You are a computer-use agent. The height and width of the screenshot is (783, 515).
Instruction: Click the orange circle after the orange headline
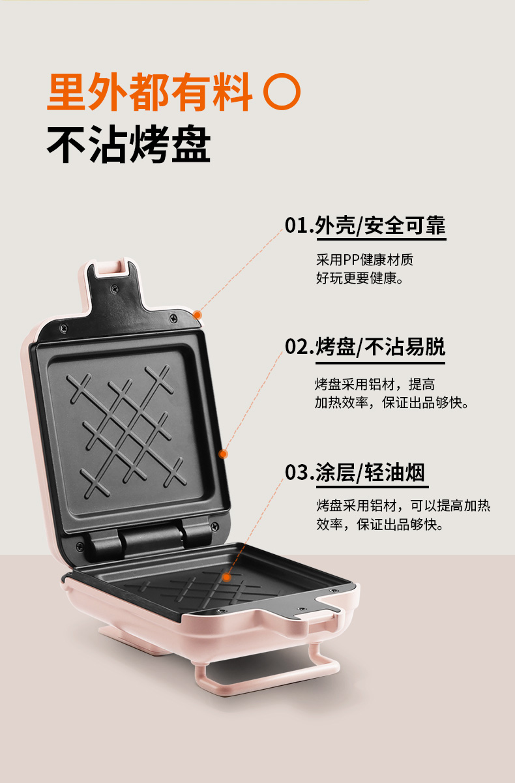pos(282,93)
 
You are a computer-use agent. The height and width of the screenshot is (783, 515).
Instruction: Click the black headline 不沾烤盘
pos(128,144)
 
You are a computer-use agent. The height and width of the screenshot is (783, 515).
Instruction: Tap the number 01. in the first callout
pos(299,226)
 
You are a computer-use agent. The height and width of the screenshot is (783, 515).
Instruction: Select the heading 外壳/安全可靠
pos(380,226)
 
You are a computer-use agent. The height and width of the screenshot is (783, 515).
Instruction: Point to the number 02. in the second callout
pos(299,346)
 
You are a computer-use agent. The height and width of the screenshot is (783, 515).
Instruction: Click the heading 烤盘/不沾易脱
pos(381,347)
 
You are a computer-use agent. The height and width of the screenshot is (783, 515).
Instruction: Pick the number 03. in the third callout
pos(299,472)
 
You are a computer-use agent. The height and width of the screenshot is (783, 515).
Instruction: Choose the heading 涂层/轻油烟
pos(371,473)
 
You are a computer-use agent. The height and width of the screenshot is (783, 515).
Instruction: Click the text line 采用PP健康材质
pos(364,260)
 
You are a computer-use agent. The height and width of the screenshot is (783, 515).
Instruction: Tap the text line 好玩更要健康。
pos(359,279)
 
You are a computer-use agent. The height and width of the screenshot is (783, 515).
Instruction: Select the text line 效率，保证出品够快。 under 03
pos(380,524)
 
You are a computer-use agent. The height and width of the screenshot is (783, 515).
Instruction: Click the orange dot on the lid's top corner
pos(198,315)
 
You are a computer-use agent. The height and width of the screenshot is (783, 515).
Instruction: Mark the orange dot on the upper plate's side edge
pos(223,454)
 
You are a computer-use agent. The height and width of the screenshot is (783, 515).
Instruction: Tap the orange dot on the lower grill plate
pos(226,577)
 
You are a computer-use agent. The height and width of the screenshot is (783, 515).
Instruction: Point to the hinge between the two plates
pos(150,536)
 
